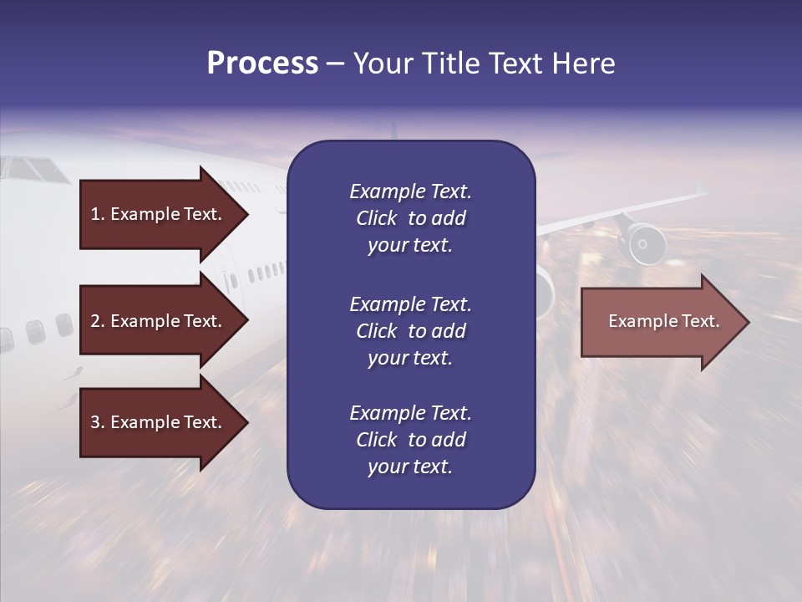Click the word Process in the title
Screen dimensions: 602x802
[x=262, y=64]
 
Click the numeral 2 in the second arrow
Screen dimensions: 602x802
[x=94, y=321]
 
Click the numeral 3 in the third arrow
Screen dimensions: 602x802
[x=94, y=422]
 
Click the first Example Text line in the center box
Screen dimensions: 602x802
[x=410, y=191]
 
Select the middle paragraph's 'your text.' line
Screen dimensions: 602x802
[x=410, y=358]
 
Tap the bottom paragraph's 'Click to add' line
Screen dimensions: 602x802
[x=410, y=440]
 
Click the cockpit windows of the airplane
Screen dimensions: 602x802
[x=33, y=170]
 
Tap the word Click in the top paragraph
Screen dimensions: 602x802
[x=376, y=218]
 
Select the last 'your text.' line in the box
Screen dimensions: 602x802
[x=410, y=467]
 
